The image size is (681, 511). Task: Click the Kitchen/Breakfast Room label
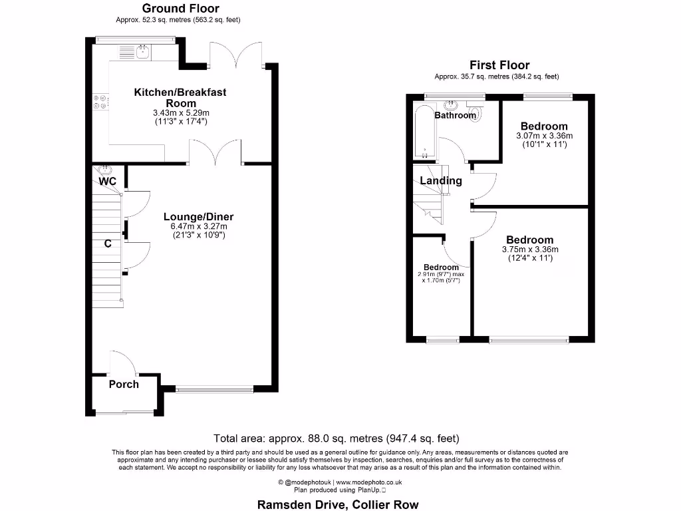tap(180, 98)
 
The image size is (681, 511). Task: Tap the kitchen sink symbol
tap(143, 51)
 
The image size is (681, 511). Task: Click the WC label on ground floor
tap(108, 181)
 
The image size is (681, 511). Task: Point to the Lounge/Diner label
tap(198, 217)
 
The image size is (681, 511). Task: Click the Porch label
tap(124, 384)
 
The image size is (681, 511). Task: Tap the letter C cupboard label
tap(106, 244)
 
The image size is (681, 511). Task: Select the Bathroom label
tap(456, 115)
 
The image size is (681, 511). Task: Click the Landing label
tap(441, 181)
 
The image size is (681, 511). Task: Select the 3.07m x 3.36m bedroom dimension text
tap(544, 136)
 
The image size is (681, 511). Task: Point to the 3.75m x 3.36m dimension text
tap(530, 250)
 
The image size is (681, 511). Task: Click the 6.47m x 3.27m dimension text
tap(198, 226)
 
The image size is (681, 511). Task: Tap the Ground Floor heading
tap(181, 9)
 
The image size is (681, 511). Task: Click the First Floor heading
tap(499, 65)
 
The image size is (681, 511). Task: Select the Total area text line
tap(336, 438)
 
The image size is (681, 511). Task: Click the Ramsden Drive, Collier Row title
tap(338, 504)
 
